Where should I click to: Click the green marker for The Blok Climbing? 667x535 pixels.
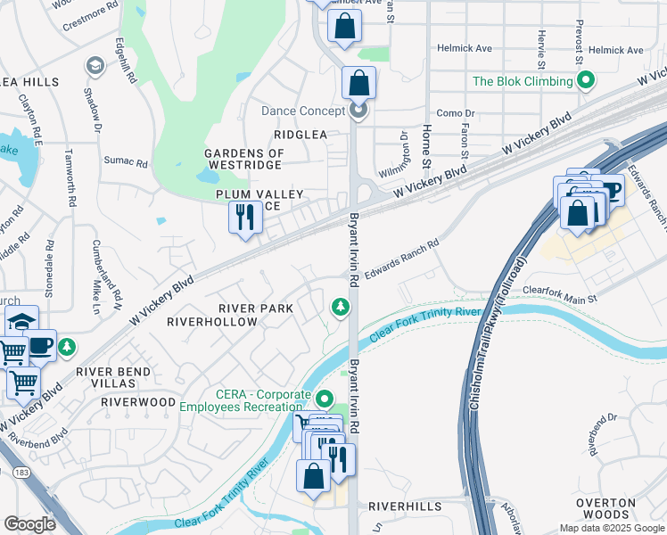click(x=586, y=82)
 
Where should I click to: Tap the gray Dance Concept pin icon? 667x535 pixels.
click(x=358, y=111)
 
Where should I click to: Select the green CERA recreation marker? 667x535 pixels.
click(x=325, y=399)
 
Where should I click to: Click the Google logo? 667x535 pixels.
click(x=30, y=524)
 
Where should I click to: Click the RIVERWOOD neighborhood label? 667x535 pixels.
click(x=138, y=402)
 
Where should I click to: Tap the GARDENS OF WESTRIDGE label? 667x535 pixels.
click(x=244, y=159)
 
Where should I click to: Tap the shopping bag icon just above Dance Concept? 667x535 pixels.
click(x=358, y=83)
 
